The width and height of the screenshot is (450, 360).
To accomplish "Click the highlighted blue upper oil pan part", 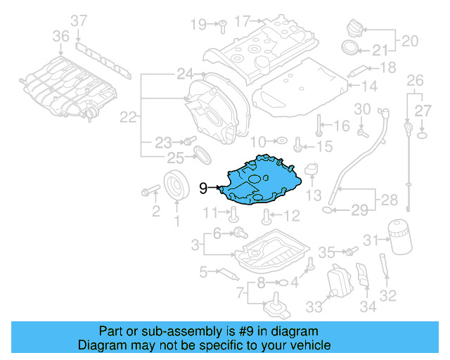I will click(264, 181).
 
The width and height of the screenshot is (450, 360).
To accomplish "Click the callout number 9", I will click(204, 188).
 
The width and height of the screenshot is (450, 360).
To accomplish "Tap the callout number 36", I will click(61, 35).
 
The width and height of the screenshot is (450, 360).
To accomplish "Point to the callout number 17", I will click(243, 22).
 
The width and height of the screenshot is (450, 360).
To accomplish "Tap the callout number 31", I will click(371, 240).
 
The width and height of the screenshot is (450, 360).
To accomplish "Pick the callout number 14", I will click(370, 86).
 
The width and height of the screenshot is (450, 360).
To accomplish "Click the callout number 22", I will click(127, 117).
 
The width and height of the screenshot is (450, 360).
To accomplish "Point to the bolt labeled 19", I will click(220, 26).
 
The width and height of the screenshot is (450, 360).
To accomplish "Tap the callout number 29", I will click(359, 210).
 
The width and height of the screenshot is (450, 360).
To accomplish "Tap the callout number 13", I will click(314, 194).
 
